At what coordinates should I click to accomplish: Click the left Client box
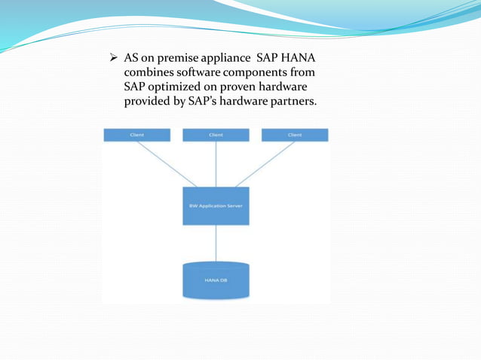136,135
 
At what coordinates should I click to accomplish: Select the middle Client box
216,135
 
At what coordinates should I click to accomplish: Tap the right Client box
295,135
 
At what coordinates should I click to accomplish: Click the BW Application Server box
216,206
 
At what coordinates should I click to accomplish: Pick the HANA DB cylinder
216,280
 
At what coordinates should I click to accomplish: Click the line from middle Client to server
216,164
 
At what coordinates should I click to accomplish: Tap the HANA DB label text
216,282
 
